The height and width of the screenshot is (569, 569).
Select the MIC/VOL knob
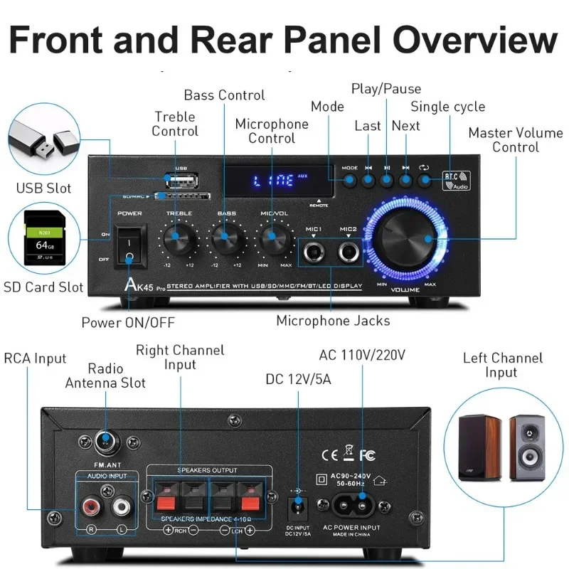[271, 238]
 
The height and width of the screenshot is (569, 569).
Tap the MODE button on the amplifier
[349, 180]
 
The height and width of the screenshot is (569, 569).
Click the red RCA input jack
[91, 506]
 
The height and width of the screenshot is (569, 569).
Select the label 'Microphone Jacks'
[333, 321]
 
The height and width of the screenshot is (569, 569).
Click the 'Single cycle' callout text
[448, 107]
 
